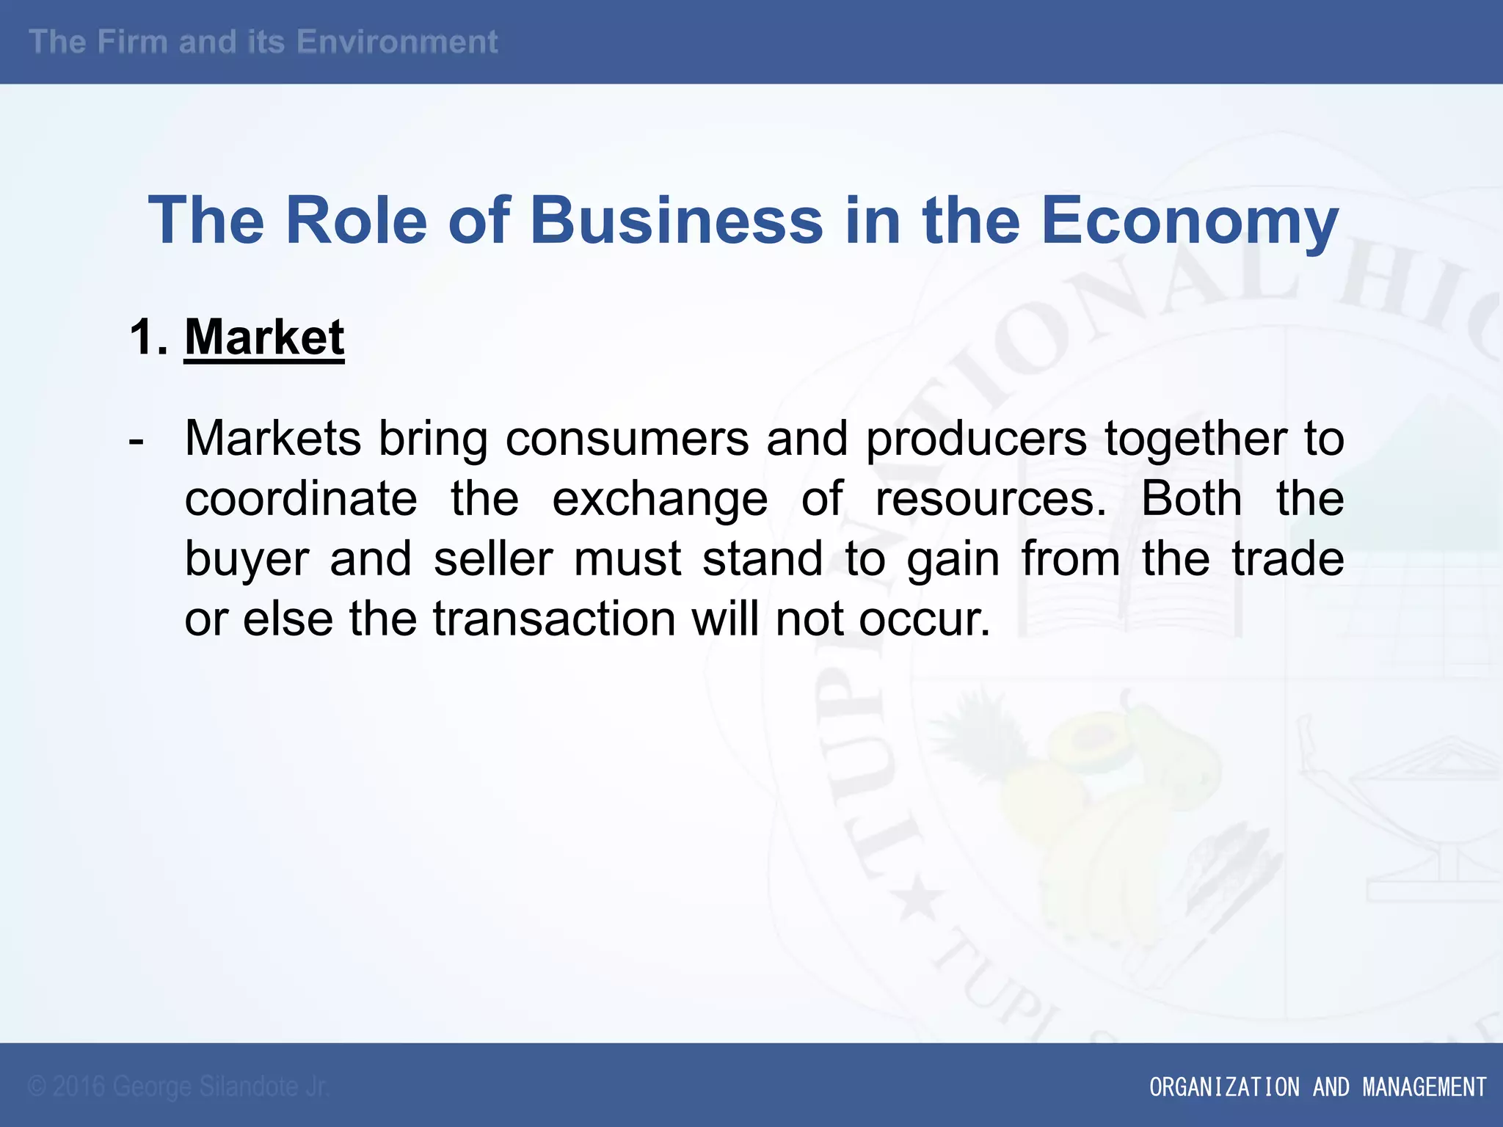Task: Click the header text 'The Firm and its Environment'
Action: point(263,42)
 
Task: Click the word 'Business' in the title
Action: point(676,220)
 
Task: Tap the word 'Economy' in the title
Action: point(1190,220)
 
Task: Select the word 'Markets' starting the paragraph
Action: point(273,439)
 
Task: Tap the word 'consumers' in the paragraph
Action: point(627,439)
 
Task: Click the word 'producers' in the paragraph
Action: point(976,439)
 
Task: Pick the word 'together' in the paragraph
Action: point(1196,439)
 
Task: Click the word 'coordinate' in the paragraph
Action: point(301,499)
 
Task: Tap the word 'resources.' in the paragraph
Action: point(991,499)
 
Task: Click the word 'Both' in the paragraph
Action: point(1192,499)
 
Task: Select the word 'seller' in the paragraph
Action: point(493,559)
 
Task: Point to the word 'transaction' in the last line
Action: point(554,619)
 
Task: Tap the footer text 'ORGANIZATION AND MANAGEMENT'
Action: point(1317,1087)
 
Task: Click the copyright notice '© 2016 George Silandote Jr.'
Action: point(178,1087)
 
